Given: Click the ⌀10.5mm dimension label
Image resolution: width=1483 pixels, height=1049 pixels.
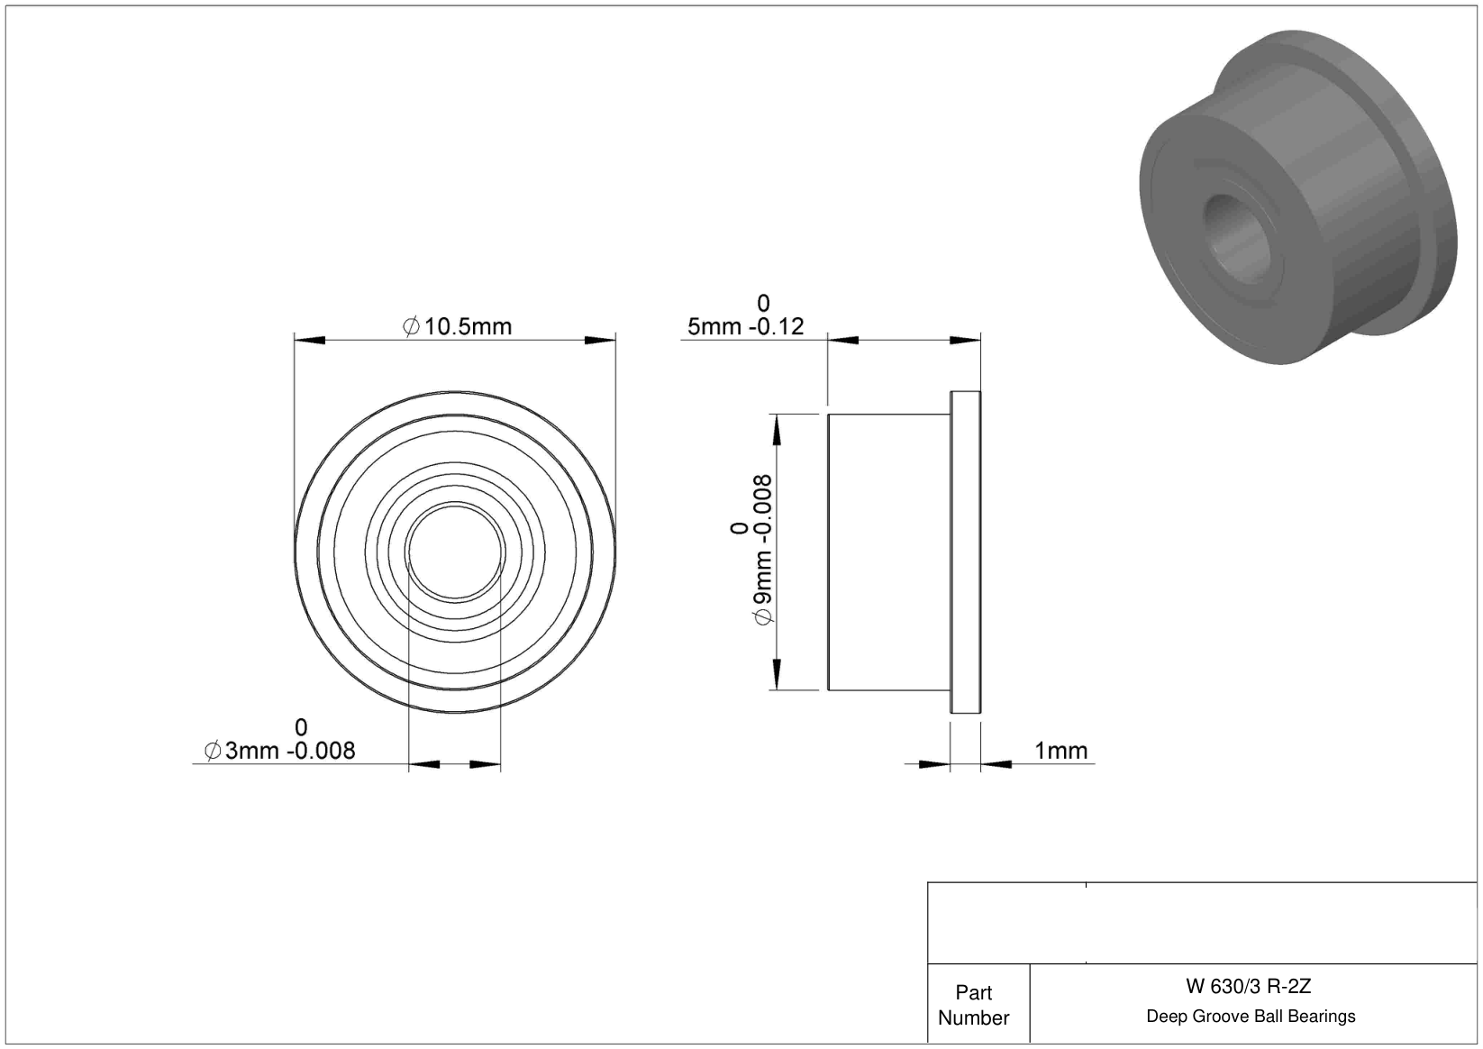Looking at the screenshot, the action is pyautogui.click(x=458, y=326).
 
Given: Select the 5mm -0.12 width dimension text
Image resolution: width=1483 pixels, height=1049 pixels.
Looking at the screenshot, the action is pyautogui.click(x=745, y=326).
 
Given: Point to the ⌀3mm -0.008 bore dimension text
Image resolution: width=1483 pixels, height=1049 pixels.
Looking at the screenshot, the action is pyautogui.click(x=280, y=751).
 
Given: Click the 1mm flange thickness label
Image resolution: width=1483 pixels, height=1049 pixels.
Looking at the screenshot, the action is pyautogui.click(x=1060, y=751).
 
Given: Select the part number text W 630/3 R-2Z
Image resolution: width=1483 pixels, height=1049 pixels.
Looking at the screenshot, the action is pyautogui.click(x=1248, y=986).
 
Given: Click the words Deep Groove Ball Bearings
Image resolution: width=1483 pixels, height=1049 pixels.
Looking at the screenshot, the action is pyautogui.click(x=1251, y=1016).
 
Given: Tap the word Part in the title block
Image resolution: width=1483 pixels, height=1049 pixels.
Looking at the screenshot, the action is pyautogui.click(x=973, y=992).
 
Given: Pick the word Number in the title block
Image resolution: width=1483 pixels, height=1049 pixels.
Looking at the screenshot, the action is pyautogui.click(x=973, y=1017).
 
